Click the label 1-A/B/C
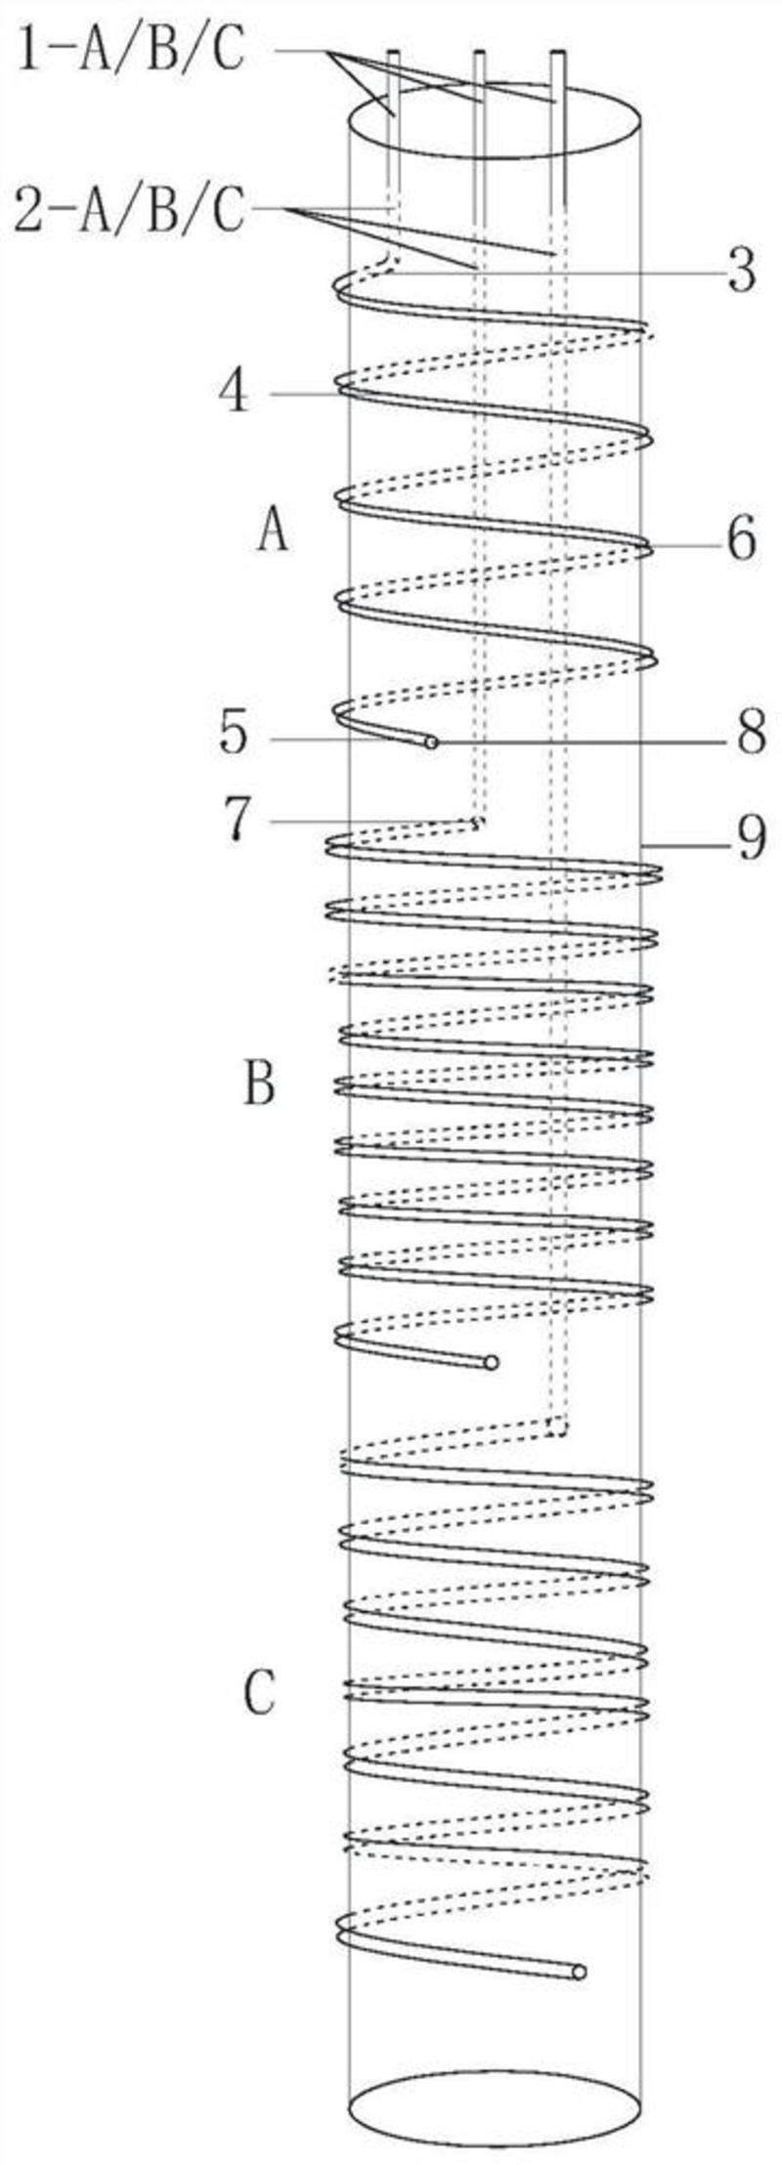(130, 52)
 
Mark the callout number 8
(750, 735)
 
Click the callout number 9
(750, 839)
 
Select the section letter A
(273, 532)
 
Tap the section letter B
(259, 1085)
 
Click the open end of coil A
(431, 743)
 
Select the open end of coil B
(491, 1362)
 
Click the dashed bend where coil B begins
(477, 823)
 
